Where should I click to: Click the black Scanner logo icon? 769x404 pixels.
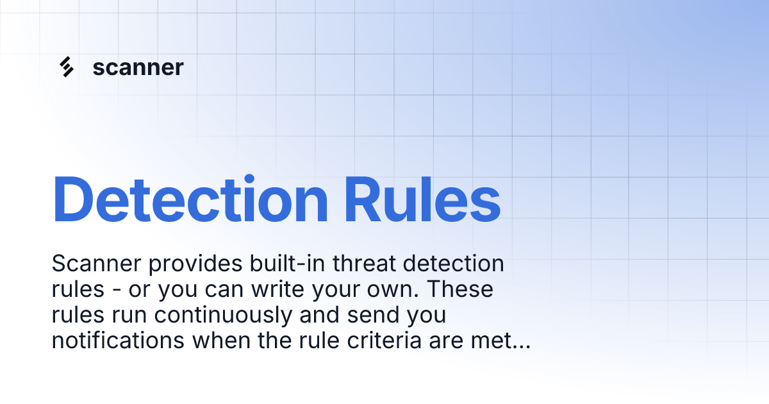click(x=66, y=67)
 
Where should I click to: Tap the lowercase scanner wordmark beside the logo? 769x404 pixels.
click(x=138, y=67)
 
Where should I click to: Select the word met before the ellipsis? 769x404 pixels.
click(x=491, y=341)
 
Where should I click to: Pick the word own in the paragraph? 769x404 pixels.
click(x=395, y=290)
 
